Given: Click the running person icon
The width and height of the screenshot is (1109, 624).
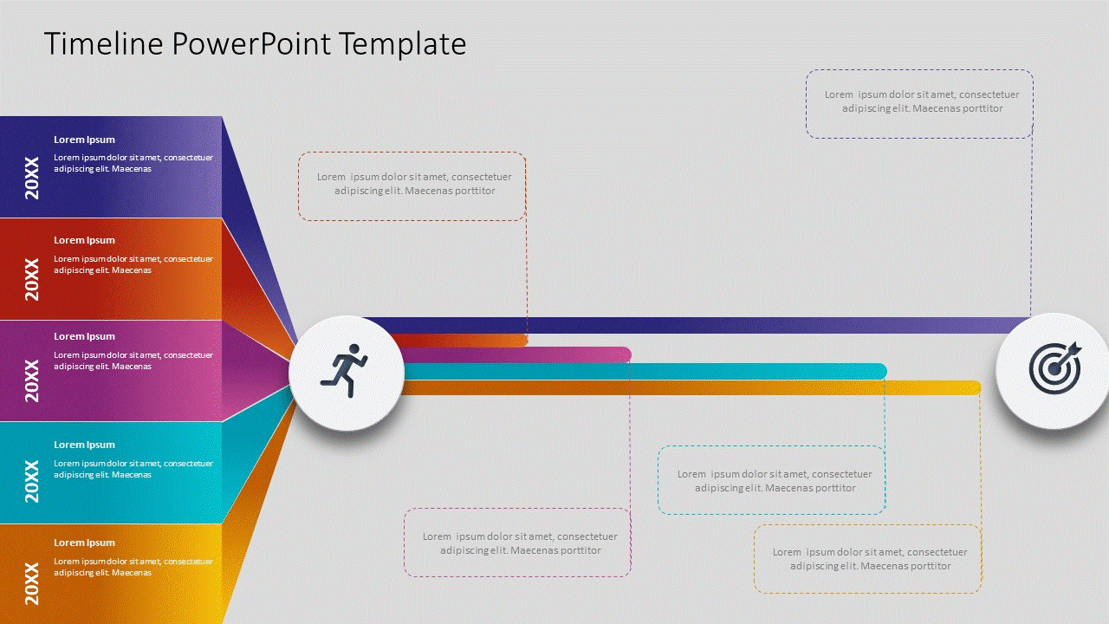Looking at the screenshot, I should pos(345,372).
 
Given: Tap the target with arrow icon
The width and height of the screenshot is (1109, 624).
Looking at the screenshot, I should pos(1054,367).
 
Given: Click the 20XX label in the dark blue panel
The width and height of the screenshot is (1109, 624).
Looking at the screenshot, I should pos(32,178).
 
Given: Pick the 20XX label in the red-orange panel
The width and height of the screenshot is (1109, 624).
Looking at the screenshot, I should pos(32,278).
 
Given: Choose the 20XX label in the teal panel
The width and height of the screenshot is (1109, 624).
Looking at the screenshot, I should pos(32,481).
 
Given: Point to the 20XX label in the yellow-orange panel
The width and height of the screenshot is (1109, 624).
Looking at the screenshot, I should pos(32,583).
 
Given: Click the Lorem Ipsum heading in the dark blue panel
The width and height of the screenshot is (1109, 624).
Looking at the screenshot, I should pos(84,140).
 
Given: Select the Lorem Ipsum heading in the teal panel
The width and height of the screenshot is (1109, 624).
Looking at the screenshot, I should pos(84,445).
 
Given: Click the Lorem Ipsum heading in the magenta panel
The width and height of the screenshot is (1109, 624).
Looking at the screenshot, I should pos(84,336).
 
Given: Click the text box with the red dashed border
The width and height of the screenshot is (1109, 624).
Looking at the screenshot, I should pos(412,185).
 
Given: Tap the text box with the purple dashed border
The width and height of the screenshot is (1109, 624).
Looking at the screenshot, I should pos(919,103).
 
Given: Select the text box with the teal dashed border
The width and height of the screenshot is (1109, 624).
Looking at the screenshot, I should pos(771,481).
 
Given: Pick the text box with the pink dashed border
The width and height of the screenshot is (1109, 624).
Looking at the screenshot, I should pos(517,543).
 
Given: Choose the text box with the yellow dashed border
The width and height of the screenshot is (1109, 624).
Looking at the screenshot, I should pos(867,559).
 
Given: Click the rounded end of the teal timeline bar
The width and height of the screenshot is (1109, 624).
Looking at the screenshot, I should pos(881,371).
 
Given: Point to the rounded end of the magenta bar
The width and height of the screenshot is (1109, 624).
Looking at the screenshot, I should pos(626,354).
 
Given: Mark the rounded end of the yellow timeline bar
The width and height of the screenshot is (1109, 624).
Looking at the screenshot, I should pos(975,387).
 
